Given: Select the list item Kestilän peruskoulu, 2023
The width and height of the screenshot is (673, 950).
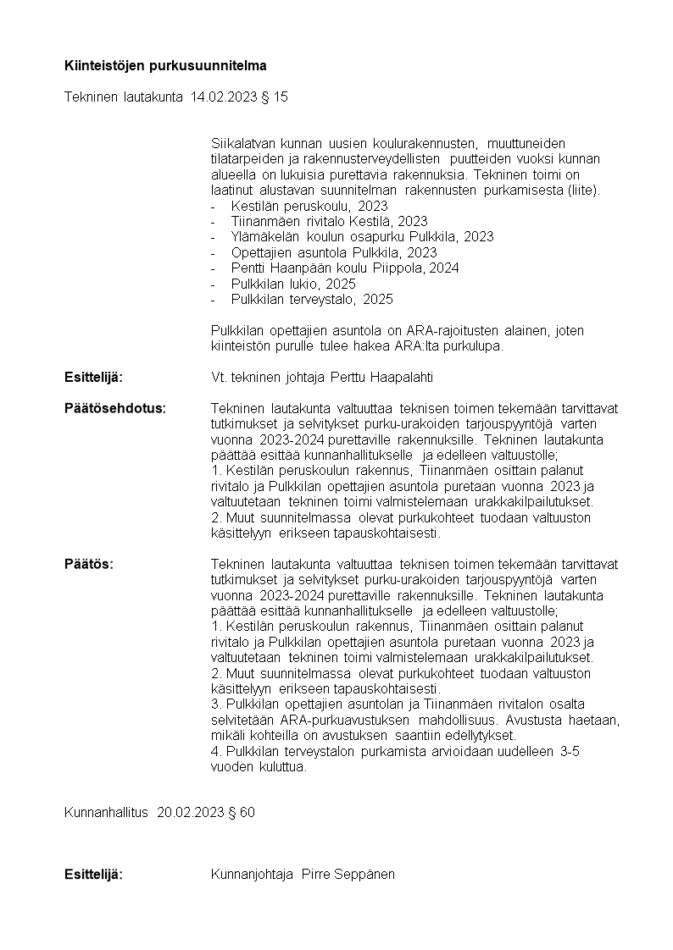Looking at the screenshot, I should (x=309, y=206).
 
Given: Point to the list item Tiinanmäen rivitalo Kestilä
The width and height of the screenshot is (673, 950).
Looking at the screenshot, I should (x=317, y=221).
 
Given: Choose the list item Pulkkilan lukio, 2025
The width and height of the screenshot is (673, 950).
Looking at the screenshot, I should (x=292, y=284).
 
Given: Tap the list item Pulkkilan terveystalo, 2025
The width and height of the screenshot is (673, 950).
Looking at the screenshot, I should (x=311, y=299).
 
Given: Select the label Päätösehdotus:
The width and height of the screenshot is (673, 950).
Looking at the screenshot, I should (x=115, y=408).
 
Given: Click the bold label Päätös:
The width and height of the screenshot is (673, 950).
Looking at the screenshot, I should (x=89, y=564).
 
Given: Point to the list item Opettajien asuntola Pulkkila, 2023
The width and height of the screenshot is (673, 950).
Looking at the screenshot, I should (x=333, y=252).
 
